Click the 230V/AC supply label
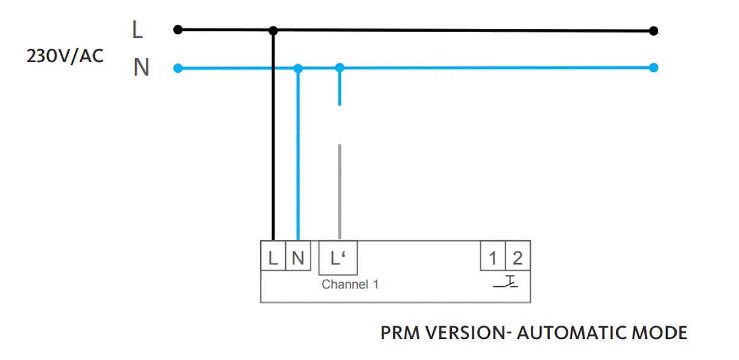point(65,56)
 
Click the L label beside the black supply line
point(138,30)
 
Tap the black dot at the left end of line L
point(177,30)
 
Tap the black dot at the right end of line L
point(654,31)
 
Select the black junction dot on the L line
point(273,30)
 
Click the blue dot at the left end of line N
point(177,68)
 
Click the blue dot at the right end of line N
point(654,68)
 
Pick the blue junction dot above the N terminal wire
point(298,68)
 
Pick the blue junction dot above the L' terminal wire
point(340,68)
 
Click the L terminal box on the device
point(273,258)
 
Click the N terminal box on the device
point(297,258)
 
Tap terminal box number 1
point(492,258)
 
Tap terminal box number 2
point(518,258)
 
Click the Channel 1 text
point(350,284)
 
